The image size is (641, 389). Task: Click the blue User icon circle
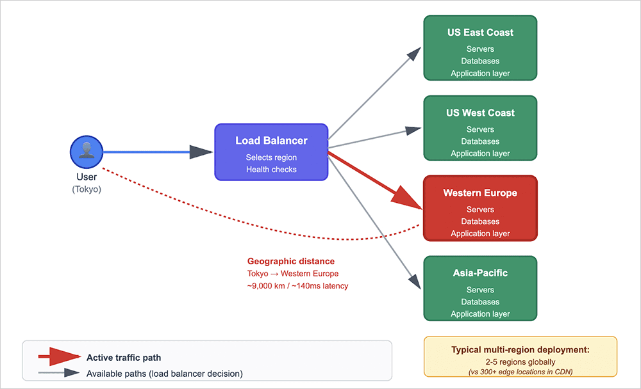(x=87, y=152)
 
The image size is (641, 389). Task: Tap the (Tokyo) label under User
(x=87, y=189)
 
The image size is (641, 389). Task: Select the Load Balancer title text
(x=271, y=141)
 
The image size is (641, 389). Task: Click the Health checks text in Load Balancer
(x=271, y=169)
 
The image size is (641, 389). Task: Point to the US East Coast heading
(x=480, y=33)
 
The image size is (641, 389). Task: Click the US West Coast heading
(x=480, y=113)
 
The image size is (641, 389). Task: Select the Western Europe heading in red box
(x=480, y=193)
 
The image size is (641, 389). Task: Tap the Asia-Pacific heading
(x=480, y=273)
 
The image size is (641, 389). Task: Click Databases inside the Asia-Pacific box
(x=480, y=301)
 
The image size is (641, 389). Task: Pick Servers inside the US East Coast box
(x=480, y=49)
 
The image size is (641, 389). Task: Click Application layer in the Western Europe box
(x=480, y=234)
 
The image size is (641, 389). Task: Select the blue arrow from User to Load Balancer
(x=154, y=152)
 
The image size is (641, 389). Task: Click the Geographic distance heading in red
(x=291, y=261)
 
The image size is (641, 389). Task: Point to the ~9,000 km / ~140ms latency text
(x=297, y=286)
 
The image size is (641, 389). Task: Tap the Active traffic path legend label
(x=124, y=358)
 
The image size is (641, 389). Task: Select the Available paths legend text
(x=165, y=374)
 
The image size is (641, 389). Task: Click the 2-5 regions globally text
(x=520, y=361)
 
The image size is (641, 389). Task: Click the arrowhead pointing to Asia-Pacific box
(x=415, y=282)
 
